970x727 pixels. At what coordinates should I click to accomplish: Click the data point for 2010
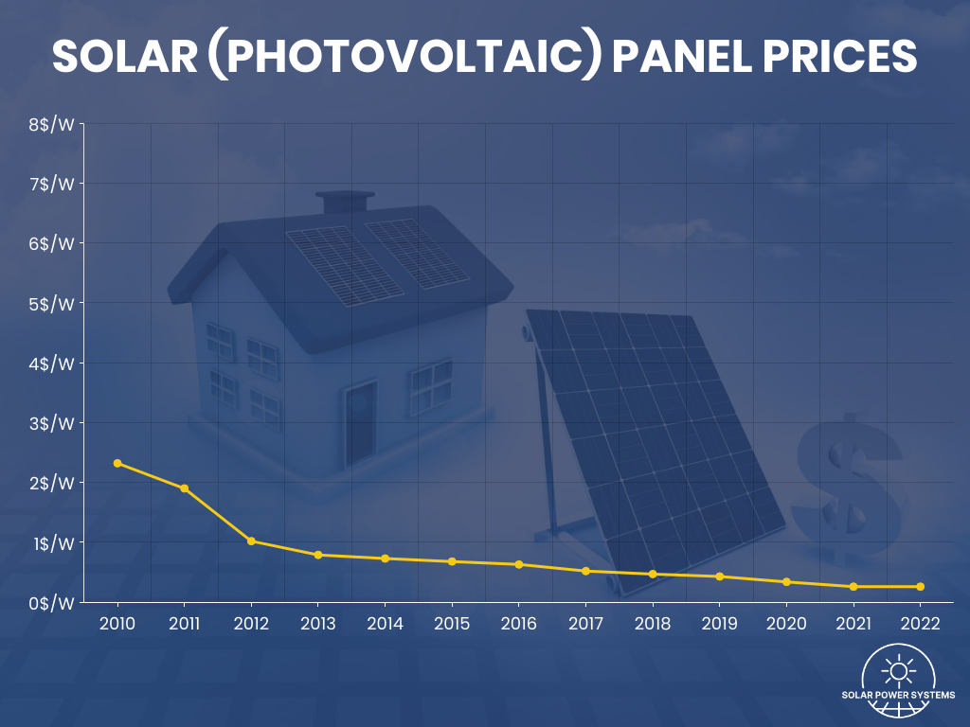coord(117,463)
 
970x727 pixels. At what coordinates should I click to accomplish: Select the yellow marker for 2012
coord(251,541)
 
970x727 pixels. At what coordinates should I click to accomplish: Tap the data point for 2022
coord(920,587)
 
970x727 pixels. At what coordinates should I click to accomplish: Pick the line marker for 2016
coord(518,564)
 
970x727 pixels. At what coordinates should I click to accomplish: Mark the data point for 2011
coord(184,488)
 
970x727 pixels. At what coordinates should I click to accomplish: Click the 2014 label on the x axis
coord(385,624)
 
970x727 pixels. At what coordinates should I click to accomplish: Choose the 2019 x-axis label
coord(719,624)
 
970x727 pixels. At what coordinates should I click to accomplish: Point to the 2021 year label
coord(853,624)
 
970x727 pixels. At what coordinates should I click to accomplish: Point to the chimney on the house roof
coord(346,202)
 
